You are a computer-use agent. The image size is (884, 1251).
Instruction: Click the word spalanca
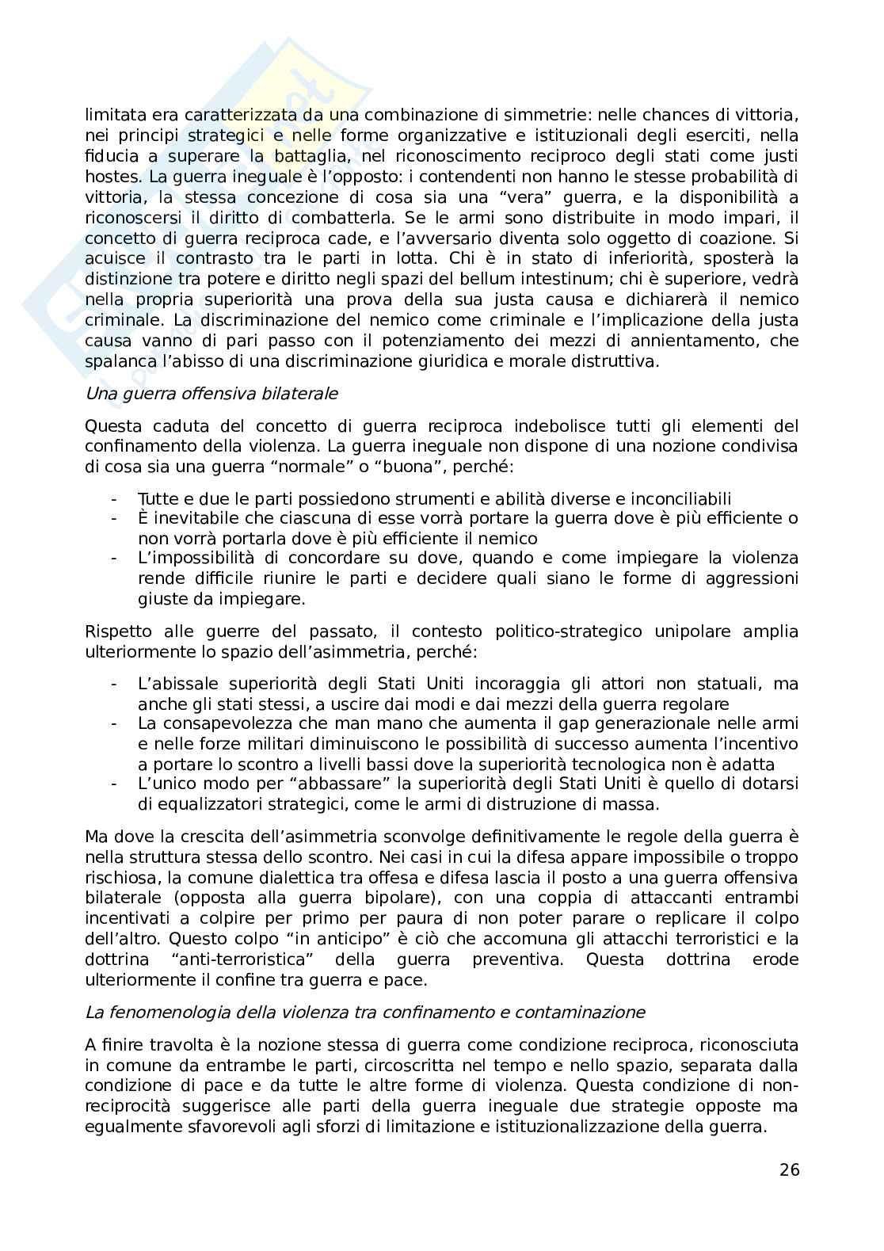[x=115, y=362]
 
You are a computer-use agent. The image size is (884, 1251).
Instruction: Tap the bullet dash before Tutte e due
[x=115, y=498]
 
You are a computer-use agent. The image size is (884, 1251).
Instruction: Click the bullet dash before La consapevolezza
[x=115, y=723]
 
